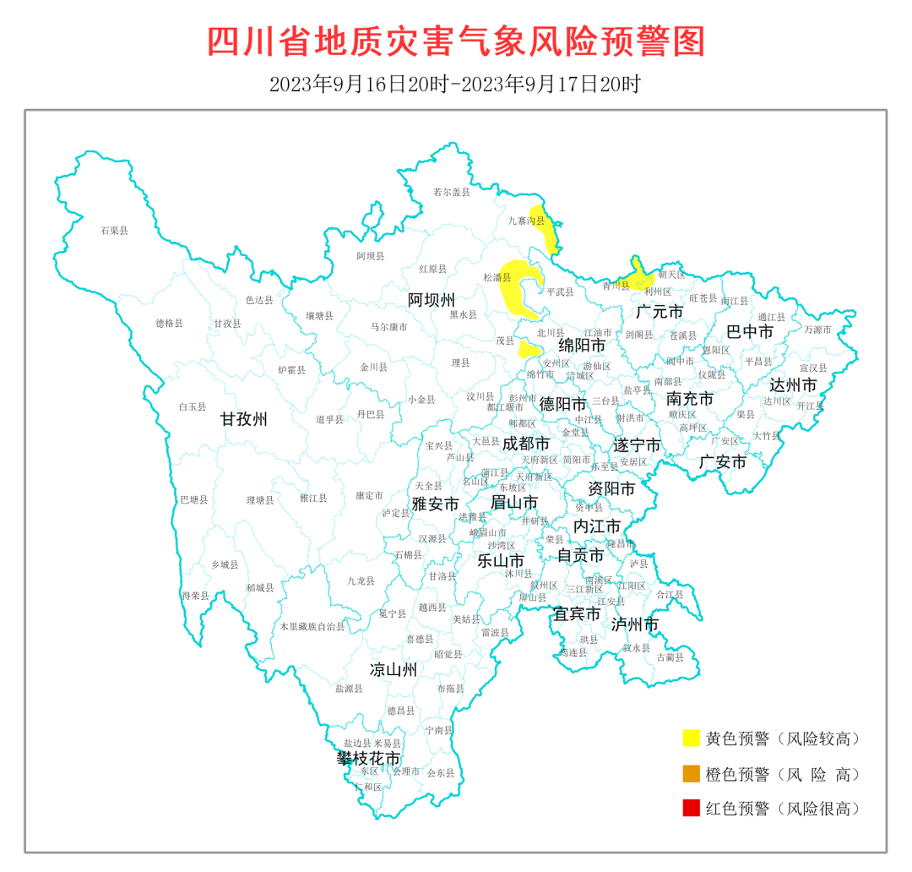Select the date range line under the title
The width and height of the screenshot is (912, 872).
tap(455, 84)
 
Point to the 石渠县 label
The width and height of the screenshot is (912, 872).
tap(114, 230)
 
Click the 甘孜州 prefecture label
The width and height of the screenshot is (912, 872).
tap(244, 419)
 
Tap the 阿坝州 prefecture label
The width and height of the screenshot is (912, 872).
tap(432, 300)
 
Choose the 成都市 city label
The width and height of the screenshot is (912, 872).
tap(526, 443)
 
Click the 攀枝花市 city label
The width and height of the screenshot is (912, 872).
tap(368, 758)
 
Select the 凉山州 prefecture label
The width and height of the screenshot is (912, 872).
tap(394, 670)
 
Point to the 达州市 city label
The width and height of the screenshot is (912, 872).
tap(793, 384)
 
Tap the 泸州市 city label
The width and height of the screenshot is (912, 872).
tap(635, 624)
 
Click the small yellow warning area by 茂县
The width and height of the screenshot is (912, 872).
tap(529, 349)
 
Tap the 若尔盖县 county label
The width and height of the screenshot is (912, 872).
tap(451, 192)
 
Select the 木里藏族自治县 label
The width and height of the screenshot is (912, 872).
tap(312, 627)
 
